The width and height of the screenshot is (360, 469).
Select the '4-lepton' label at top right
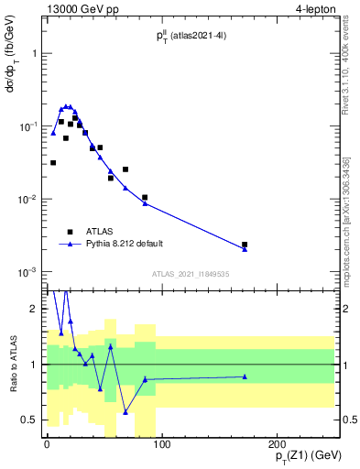(316, 10)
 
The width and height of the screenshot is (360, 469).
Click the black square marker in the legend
(70, 232)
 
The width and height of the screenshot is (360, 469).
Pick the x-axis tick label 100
(160, 446)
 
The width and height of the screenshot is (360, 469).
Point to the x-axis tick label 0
(46, 446)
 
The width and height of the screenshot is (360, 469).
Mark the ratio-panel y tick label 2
(37, 309)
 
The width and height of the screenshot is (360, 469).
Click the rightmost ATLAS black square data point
(245, 245)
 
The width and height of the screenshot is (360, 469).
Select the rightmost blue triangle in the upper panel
(245, 249)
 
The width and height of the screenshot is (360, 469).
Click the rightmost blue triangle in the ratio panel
(245, 376)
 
